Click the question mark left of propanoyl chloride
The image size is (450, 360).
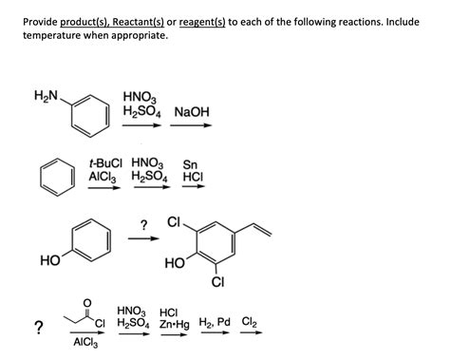click(37, 329)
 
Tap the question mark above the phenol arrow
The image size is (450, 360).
click(143, 224)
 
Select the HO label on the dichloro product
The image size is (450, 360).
click(174, 262)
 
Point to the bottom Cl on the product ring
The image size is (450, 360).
click(217, 282)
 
